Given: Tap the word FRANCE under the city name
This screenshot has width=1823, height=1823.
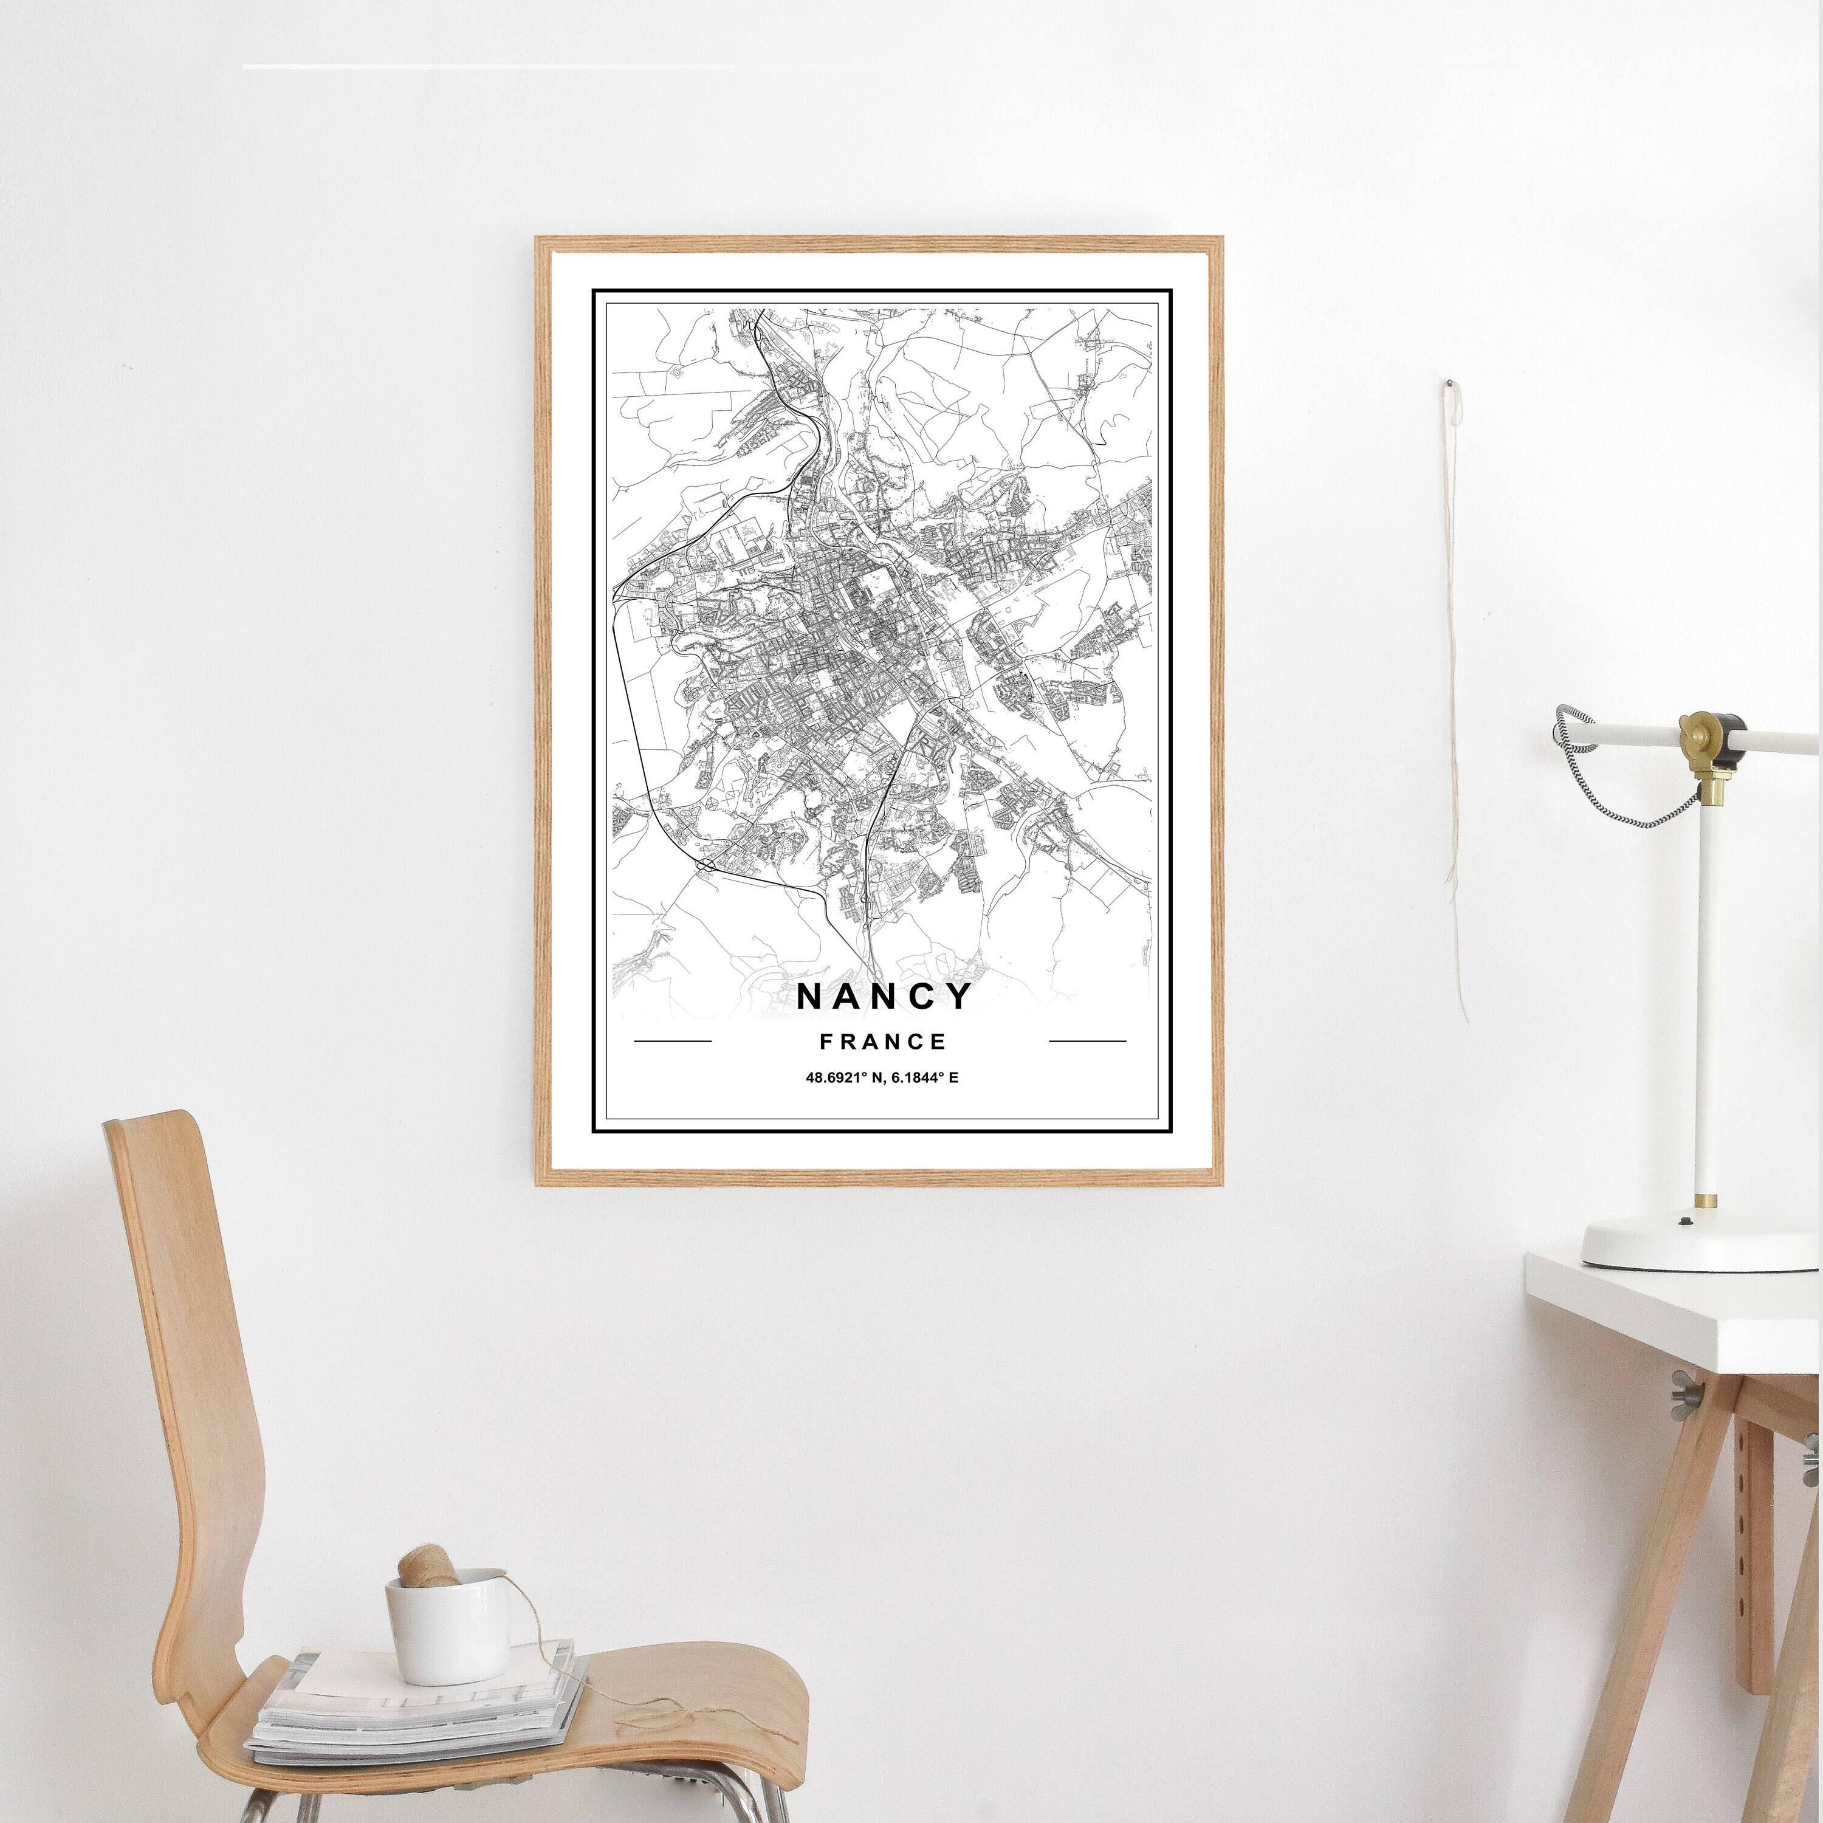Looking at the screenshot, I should pyautogui.click(x=883, y=1042).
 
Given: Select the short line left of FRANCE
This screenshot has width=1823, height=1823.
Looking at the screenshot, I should pyautogui.click(x=673, y=1042).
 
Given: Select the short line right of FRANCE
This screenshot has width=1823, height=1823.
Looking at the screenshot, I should pyautogui.click(x=1087, y=1042).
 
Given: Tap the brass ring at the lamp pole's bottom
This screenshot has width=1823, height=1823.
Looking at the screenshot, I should pyautogui.click(x=1706, y=1201).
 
